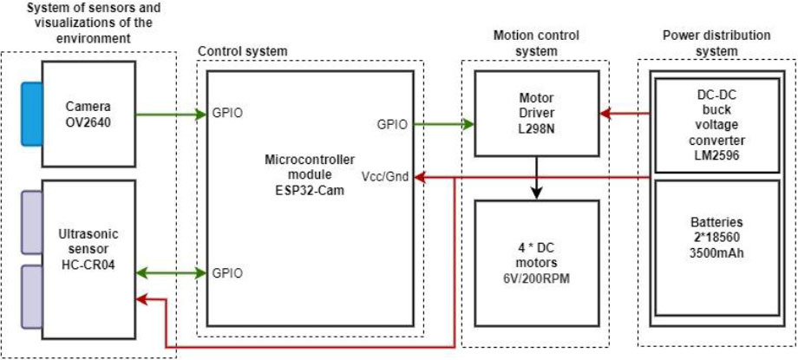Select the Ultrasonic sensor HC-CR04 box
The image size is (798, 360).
click(88, 252)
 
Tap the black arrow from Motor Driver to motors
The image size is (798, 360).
click(538, 177)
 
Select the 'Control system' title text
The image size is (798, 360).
click(242, 52)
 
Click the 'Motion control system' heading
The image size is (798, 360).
click(536, 43)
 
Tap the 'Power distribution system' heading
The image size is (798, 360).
click(716, 43)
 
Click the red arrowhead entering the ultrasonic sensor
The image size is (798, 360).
click(141, 298)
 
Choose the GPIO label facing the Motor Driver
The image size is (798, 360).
click(392, 125)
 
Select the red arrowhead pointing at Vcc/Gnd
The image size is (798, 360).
click(421, 177)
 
